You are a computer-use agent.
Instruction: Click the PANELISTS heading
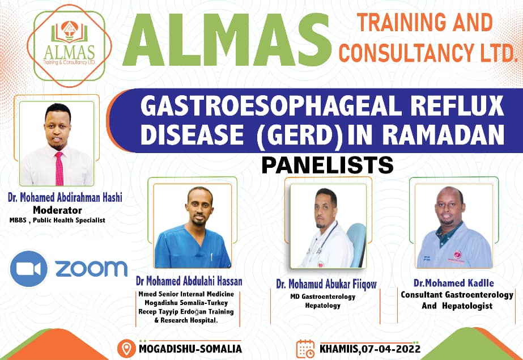327,164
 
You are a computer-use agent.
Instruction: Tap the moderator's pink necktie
58,168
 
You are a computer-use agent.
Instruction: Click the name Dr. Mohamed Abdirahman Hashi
65,198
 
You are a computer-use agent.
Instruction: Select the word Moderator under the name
58,209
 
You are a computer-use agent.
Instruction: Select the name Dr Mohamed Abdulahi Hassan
189,282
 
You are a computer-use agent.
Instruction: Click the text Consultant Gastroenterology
457,295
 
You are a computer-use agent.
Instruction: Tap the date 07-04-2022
388,348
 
